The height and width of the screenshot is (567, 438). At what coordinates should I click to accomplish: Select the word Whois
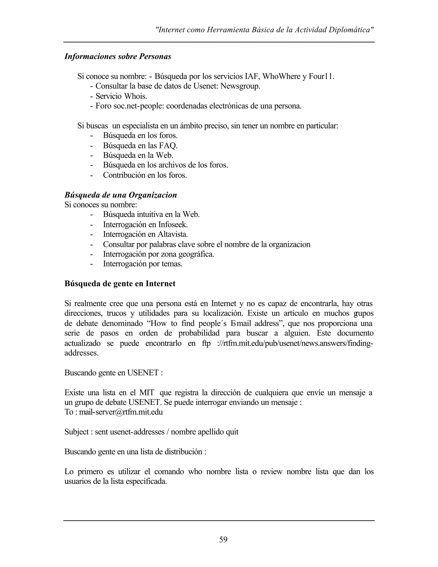click(135, 96)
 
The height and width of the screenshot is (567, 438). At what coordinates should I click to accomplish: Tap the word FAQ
click(168, 146)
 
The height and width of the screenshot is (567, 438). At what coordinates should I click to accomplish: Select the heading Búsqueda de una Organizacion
click(120, 195)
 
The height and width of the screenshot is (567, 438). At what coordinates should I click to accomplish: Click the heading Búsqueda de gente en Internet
click(120, 283)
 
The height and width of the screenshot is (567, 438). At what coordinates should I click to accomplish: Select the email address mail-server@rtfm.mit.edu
click(121, 412)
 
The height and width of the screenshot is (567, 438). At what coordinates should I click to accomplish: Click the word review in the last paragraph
click(271, 471)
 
